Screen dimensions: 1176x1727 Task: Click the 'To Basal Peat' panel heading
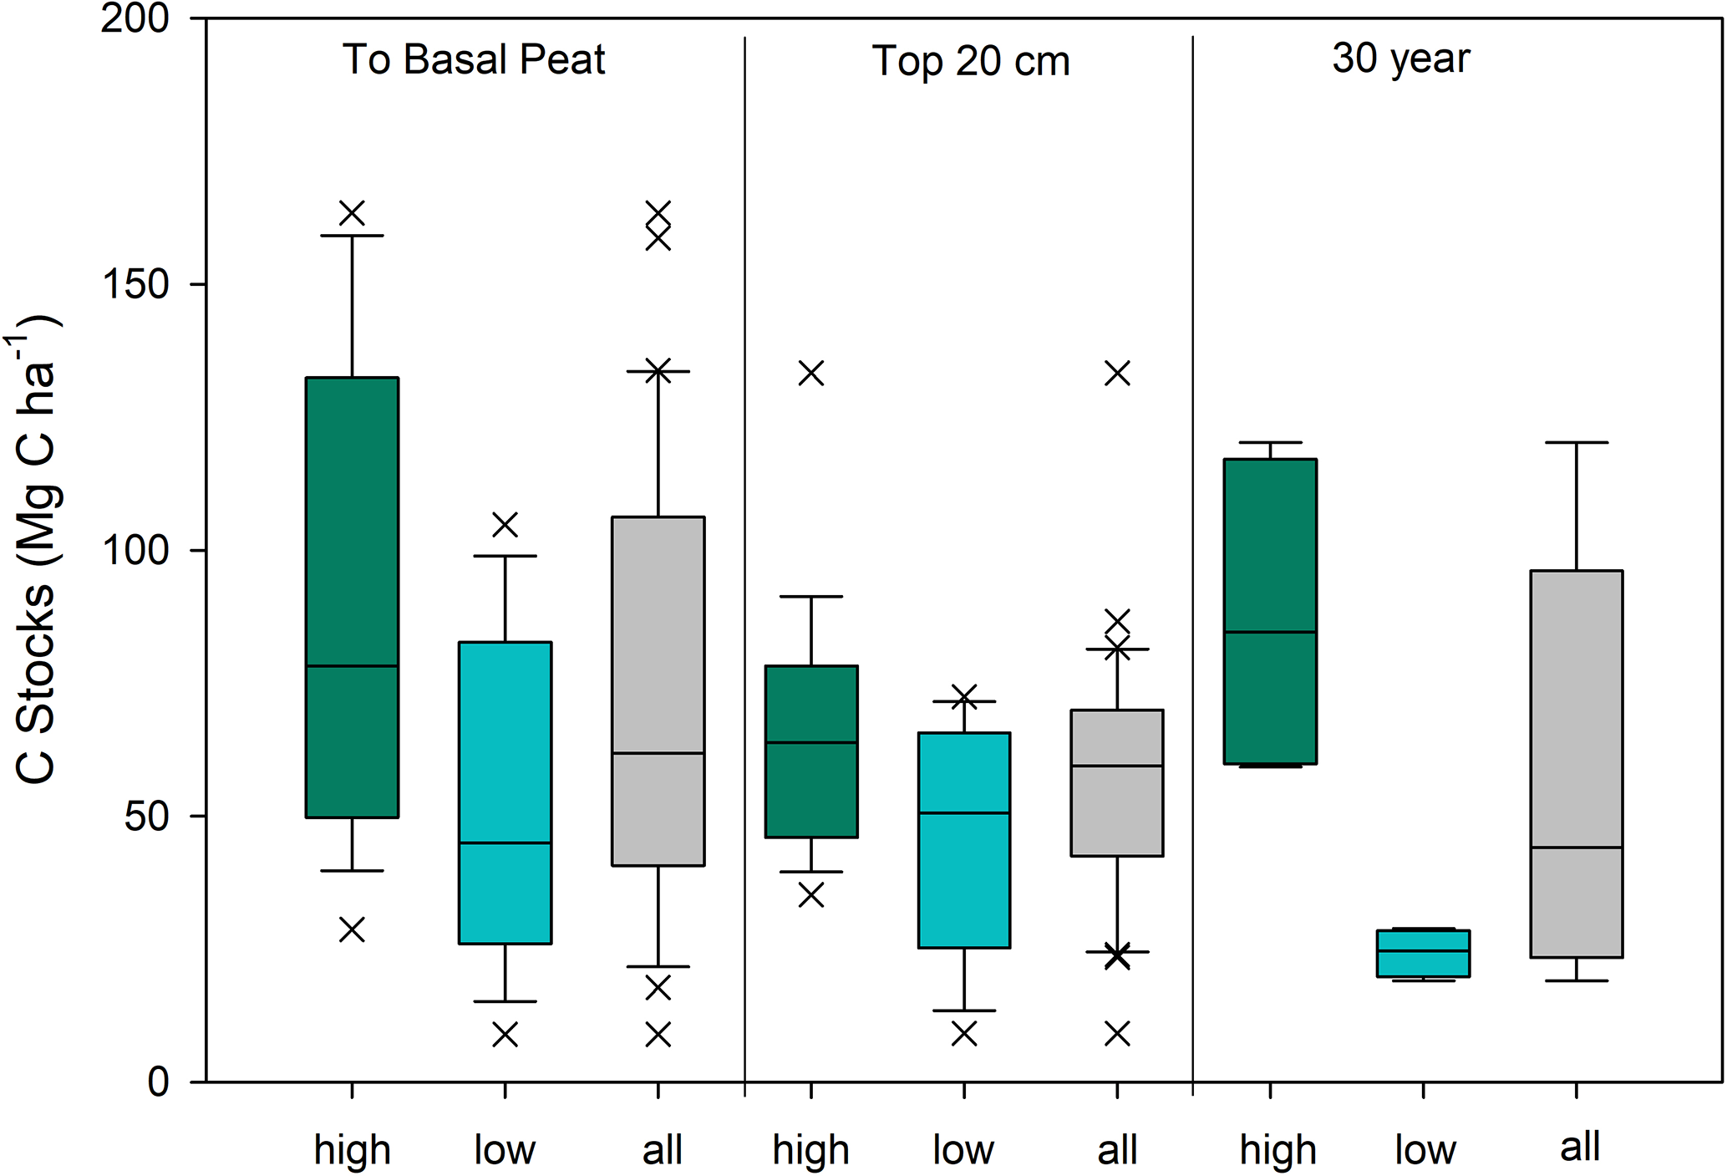point(474,60)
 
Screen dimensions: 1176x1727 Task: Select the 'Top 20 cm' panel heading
point(971,62)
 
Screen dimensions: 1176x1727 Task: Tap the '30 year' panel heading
point(1401,59)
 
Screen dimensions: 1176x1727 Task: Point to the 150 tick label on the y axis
point(135,284)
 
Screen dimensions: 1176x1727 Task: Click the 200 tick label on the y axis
point(135,18)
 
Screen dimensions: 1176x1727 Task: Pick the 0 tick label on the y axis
point(159,1082)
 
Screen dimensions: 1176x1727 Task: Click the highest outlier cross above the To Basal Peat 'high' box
point(352,213)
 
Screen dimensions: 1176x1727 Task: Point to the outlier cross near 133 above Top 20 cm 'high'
point(811,373)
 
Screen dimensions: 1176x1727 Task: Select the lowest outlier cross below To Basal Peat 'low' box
point(505,1035)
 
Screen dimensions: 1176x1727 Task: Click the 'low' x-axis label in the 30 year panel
point(1425,1150)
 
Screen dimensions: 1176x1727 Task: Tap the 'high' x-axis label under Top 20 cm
point(810,1150)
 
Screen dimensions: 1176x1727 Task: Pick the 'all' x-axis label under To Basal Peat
point(662,1150)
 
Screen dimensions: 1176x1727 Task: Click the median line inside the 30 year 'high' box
point(1270,632)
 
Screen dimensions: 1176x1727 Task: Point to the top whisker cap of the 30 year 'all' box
point(1577,442)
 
